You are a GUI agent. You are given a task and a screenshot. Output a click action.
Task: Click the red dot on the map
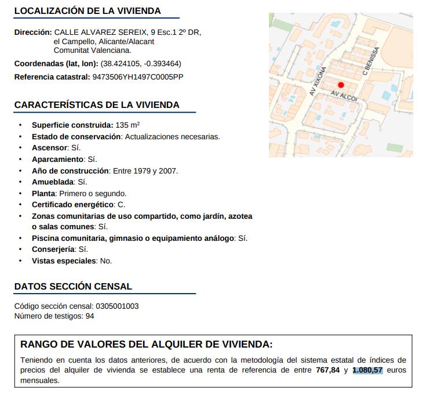pyautogui.click(x=341, y=85)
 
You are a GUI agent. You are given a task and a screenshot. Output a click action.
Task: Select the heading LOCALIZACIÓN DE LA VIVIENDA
pyautogui.click(x=88, y=11)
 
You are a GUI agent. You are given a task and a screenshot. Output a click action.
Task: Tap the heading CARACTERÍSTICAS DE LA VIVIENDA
pyautogui.click(x=97, y=105)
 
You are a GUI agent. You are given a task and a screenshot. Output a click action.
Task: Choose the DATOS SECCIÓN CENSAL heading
pyautogui.click(x=73, y=286)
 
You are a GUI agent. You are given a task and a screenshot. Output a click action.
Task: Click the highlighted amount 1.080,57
pyautogui.click(x=367, y=370)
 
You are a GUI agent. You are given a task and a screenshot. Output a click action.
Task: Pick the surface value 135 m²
pyautogui.click(x=127, y=125)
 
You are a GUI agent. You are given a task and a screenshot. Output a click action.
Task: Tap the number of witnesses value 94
pyautogui.click(x=89, y=316)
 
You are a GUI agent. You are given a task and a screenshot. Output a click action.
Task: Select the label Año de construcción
pyautogui.click(x=71, y=171)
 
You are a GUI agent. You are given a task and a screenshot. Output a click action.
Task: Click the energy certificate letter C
pyautogui.click(x=121, y=204)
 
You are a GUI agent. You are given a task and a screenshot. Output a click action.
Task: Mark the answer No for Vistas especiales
pyautogui.click(x=106, y=261)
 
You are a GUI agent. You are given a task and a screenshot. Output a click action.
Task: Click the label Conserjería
pyautogui.click(x=53, y=250)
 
